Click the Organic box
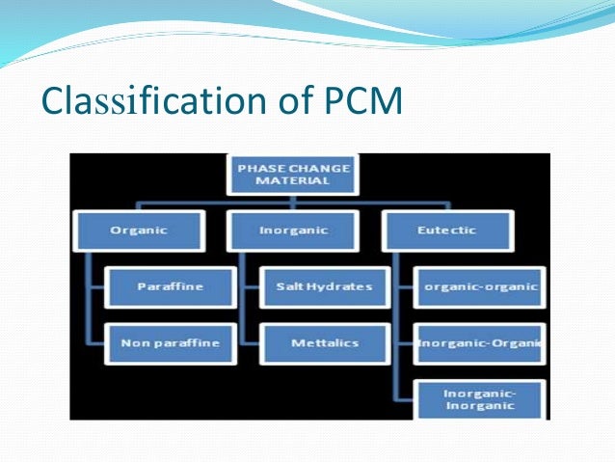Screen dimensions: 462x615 [139, 231]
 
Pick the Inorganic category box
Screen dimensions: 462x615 [294, 231]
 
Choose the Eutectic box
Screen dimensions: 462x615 [447, 231]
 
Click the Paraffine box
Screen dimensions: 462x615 [170, 286]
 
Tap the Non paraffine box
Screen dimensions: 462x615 [170, 342]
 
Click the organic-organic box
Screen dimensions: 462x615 [480, 286]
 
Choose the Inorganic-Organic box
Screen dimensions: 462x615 [480, 342]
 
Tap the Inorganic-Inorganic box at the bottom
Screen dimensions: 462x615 [480, 399]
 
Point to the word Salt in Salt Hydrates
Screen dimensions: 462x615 [290, 286]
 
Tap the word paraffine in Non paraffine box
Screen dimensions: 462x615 [185, 342]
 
